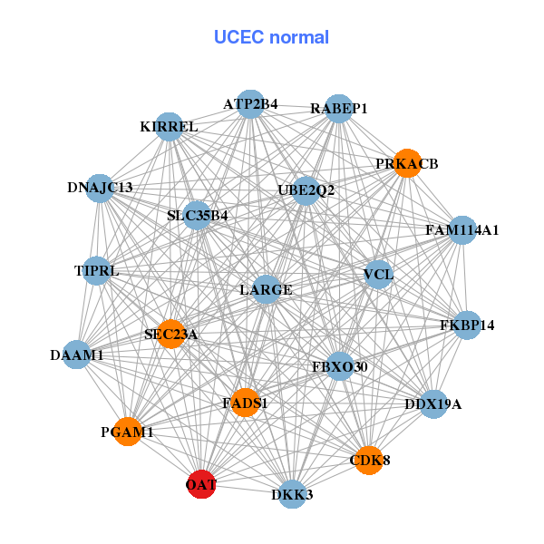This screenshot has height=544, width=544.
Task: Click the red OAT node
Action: click(201, 485)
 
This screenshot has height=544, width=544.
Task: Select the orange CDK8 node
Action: click(368, 461)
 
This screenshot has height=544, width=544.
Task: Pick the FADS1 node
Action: click(245, 402)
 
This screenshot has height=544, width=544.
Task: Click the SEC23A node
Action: click(170, 334)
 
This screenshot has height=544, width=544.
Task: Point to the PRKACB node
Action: click(407, 164)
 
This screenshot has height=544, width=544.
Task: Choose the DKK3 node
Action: click(291, 494)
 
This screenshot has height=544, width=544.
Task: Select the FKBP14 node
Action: click(466, 325)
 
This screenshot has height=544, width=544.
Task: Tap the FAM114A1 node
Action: click(461, 230)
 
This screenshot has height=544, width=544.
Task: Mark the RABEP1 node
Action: click(338, 109)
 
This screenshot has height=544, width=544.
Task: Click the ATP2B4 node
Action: click(250, 104)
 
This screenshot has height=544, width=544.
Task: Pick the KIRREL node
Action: click(170, 127)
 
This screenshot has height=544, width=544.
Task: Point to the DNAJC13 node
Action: click(101, 188)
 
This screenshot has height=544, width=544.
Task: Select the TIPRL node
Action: click(96, 270)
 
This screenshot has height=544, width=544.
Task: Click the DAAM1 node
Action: click(77, 355)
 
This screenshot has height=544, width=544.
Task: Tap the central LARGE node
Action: click(266, 290)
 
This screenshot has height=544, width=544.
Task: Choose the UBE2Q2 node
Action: click(306, 190)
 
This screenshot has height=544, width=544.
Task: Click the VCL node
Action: click(377, 274)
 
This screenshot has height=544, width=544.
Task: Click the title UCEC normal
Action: click(271, 38)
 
